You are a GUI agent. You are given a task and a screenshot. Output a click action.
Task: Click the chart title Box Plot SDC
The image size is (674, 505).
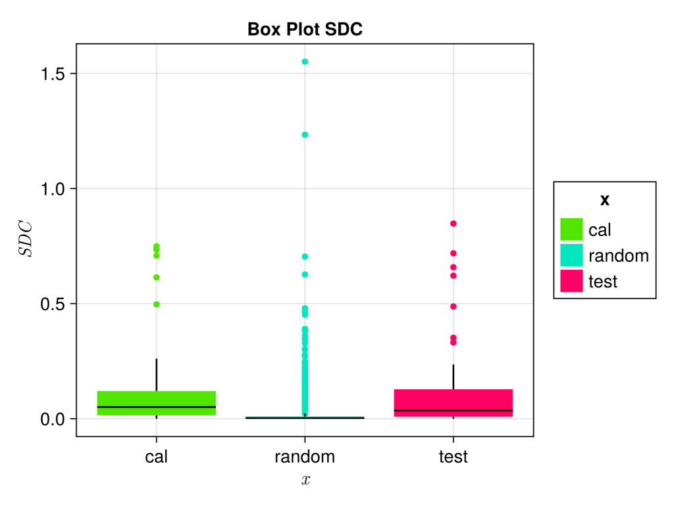305,30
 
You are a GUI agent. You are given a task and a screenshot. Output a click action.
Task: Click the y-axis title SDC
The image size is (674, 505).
24,240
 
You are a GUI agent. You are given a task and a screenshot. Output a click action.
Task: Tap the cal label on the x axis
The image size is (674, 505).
157,456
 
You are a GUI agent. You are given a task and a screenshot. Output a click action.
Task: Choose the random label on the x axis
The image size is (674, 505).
305,456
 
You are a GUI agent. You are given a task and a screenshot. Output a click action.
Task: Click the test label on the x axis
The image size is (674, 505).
454,456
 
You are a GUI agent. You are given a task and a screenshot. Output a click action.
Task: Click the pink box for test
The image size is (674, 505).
454,402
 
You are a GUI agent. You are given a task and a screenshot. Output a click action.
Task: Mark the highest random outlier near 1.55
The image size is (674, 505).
305,62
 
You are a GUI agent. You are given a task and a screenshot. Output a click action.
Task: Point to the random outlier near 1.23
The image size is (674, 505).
305,135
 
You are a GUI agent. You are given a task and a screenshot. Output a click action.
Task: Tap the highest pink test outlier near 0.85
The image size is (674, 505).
454,224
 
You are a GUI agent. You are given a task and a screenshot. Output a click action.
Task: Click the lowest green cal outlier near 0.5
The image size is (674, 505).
157,304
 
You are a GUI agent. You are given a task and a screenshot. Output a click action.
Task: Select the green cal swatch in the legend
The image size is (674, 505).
571,229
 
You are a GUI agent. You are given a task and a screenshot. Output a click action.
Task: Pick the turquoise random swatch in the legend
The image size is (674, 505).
571,256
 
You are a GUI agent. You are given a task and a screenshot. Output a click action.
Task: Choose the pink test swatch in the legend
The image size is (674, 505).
571,281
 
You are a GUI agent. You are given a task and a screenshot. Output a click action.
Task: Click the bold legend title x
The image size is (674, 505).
604,200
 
